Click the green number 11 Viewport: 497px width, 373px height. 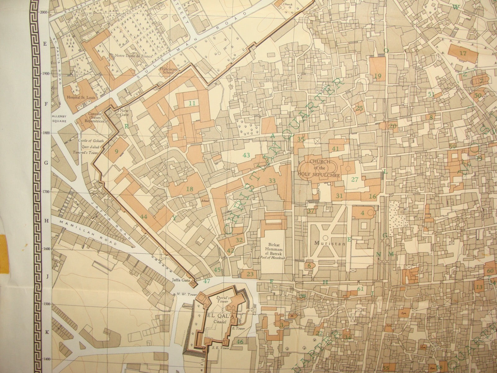coord(193,103)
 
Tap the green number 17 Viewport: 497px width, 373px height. coord(463,53)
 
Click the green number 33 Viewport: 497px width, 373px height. coord(272,181)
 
